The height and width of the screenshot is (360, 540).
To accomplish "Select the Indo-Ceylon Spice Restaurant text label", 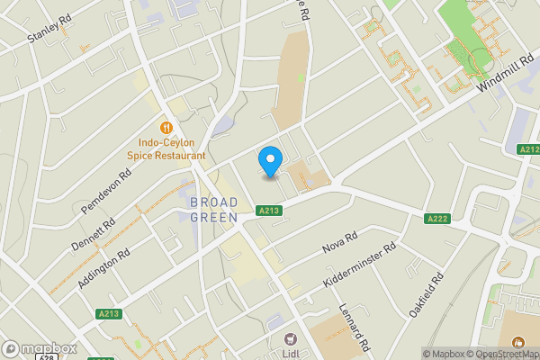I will (166, 149).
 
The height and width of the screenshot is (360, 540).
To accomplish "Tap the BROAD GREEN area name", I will (214, 210).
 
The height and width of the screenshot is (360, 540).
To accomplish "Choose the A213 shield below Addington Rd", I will (108, 313).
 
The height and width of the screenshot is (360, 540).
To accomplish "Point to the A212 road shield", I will (529, 149).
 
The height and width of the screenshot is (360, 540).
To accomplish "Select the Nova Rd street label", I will (340, 243).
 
